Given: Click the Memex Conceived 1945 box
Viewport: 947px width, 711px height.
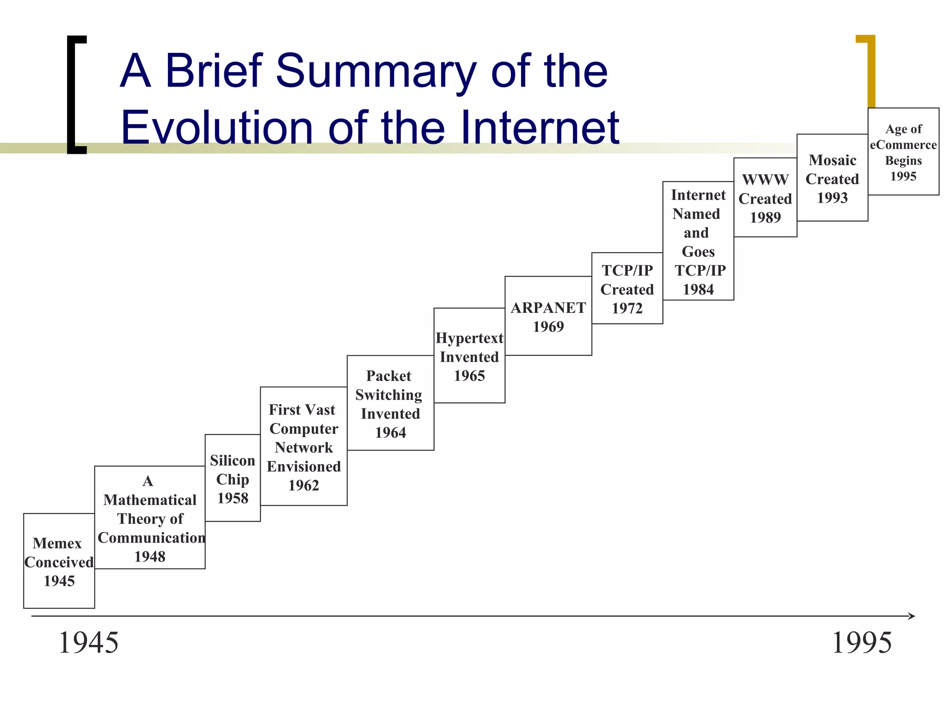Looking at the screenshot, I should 59,561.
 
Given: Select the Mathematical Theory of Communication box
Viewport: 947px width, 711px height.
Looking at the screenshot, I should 149,518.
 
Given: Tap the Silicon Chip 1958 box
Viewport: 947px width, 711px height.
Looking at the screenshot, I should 233,478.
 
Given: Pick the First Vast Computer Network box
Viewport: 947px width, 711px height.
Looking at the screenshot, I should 303,446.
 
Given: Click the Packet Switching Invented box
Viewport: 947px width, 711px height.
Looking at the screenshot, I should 390,403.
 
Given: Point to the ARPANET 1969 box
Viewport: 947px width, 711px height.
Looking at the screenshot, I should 548,316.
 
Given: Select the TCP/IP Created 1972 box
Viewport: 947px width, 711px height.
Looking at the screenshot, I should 627,288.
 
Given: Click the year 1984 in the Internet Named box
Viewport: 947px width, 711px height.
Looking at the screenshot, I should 698,289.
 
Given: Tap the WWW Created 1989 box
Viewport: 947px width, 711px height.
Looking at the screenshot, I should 765,198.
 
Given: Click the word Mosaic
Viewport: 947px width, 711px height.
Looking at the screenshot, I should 832,160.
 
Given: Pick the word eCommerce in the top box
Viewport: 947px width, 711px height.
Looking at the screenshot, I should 903,145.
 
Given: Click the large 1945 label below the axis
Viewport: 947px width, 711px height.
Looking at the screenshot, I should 88,642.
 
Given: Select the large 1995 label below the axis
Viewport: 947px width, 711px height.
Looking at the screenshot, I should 861,642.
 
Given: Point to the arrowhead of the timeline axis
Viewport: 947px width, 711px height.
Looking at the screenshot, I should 912,616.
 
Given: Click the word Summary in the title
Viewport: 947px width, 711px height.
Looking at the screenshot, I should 375,72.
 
